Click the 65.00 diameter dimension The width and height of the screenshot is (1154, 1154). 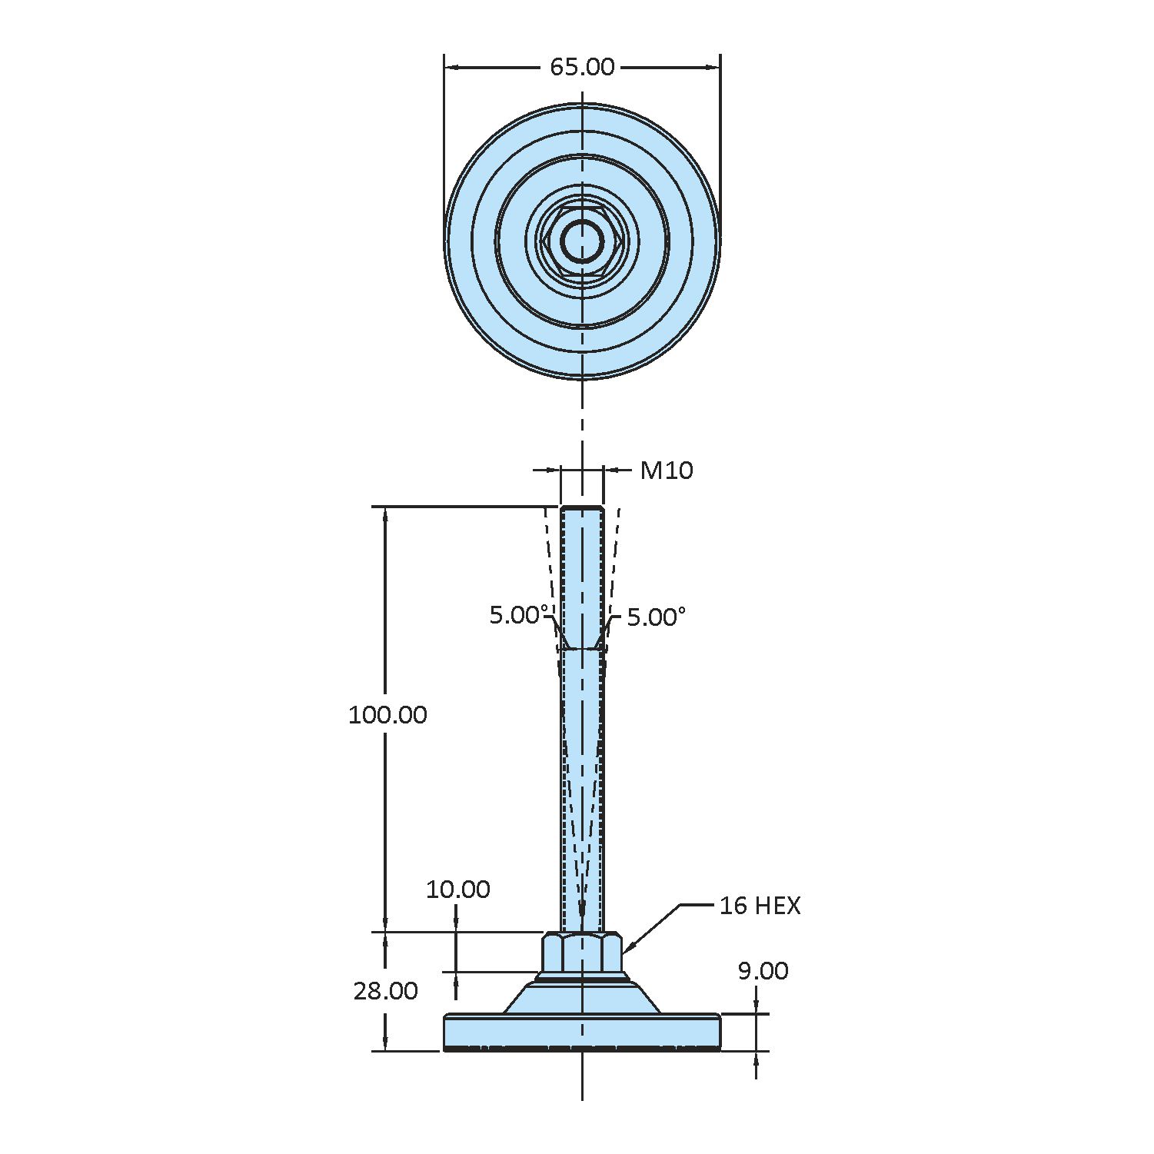click(x=582, y=68)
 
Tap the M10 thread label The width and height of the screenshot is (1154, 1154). click(x=667, y=471)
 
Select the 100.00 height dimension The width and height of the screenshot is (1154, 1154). click(x=387, y=715)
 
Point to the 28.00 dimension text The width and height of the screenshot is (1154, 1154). click(x=385, y=991)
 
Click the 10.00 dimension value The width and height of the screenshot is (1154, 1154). click(x=457, y=890)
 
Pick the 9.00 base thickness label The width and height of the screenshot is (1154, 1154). click(x=763, y=971)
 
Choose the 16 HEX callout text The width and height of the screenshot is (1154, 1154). click(x=760, y=906)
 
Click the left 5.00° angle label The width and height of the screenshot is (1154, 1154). click(x=519, y=615)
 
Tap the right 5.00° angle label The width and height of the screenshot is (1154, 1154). click(x=656, y=617)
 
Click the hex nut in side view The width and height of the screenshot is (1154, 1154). click(x=582, y=953)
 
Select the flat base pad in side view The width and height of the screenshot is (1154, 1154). click(x=582, y=1030)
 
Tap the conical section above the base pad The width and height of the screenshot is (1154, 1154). click(x=582, y=998)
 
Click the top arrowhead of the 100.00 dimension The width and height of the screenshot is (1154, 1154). click(x=386, y=514)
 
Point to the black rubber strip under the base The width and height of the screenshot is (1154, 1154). click(x=582, y=1049)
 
